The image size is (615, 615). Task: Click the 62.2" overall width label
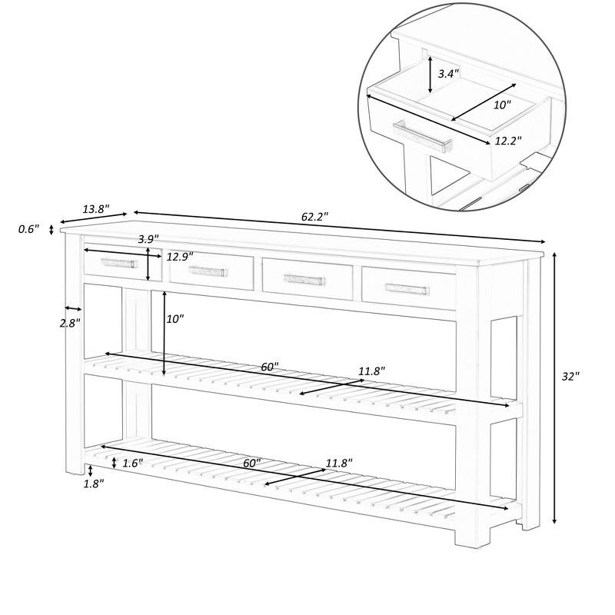click(x=314, y=217)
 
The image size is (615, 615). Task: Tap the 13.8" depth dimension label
click(x=96, y=208)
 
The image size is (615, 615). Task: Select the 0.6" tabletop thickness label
click(x=28, y=229)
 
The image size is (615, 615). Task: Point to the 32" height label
click(x=570, y=376)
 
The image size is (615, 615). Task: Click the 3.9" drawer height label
click(x=148, y=239)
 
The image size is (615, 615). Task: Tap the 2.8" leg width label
click(x=69, y=323)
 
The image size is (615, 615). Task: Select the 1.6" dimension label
click(x=133, y=463)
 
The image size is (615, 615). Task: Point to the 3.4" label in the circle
click(x=448, y=74)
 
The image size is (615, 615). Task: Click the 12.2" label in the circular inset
click(x=508, y=141)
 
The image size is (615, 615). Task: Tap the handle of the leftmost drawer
click(x=117, y=262)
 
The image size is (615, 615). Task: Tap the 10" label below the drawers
click(x=175, y=317)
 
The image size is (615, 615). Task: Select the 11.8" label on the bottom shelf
click(x=338, y=463)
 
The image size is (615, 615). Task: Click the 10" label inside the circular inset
click(x=502, y=105)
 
